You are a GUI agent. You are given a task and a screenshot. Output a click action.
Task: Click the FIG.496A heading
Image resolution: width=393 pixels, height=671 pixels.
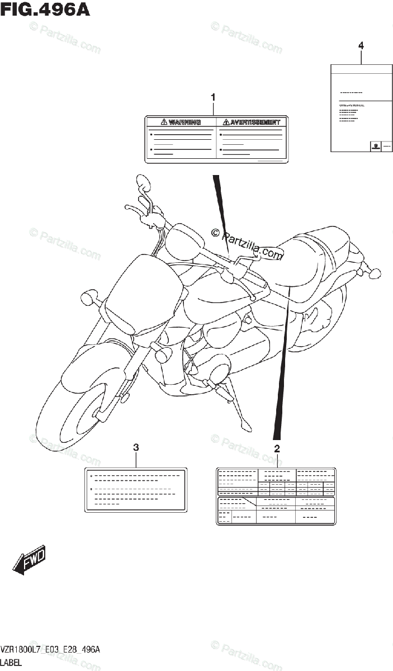(45, 10)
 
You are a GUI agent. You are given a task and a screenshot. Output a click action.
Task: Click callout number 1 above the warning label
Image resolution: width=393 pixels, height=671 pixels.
(212, 97)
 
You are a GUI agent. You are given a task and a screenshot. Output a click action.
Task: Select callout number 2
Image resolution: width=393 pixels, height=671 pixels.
(276, 448)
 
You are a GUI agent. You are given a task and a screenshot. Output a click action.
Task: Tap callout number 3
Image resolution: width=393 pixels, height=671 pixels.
(136, 447)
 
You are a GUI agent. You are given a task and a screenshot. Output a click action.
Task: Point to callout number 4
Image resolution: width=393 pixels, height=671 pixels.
(361, 45)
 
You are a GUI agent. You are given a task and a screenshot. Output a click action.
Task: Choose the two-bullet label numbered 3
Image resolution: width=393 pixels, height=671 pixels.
(135, 489)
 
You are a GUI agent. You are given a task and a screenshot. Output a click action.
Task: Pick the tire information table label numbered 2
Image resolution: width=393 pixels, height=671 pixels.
(276, 496)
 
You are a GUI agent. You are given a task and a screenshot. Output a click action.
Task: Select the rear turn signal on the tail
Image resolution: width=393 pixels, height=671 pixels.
(373, 273)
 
